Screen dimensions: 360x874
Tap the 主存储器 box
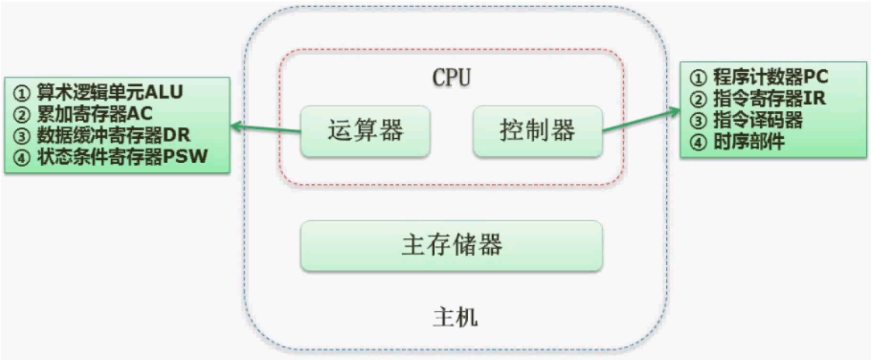click(451, 245)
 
